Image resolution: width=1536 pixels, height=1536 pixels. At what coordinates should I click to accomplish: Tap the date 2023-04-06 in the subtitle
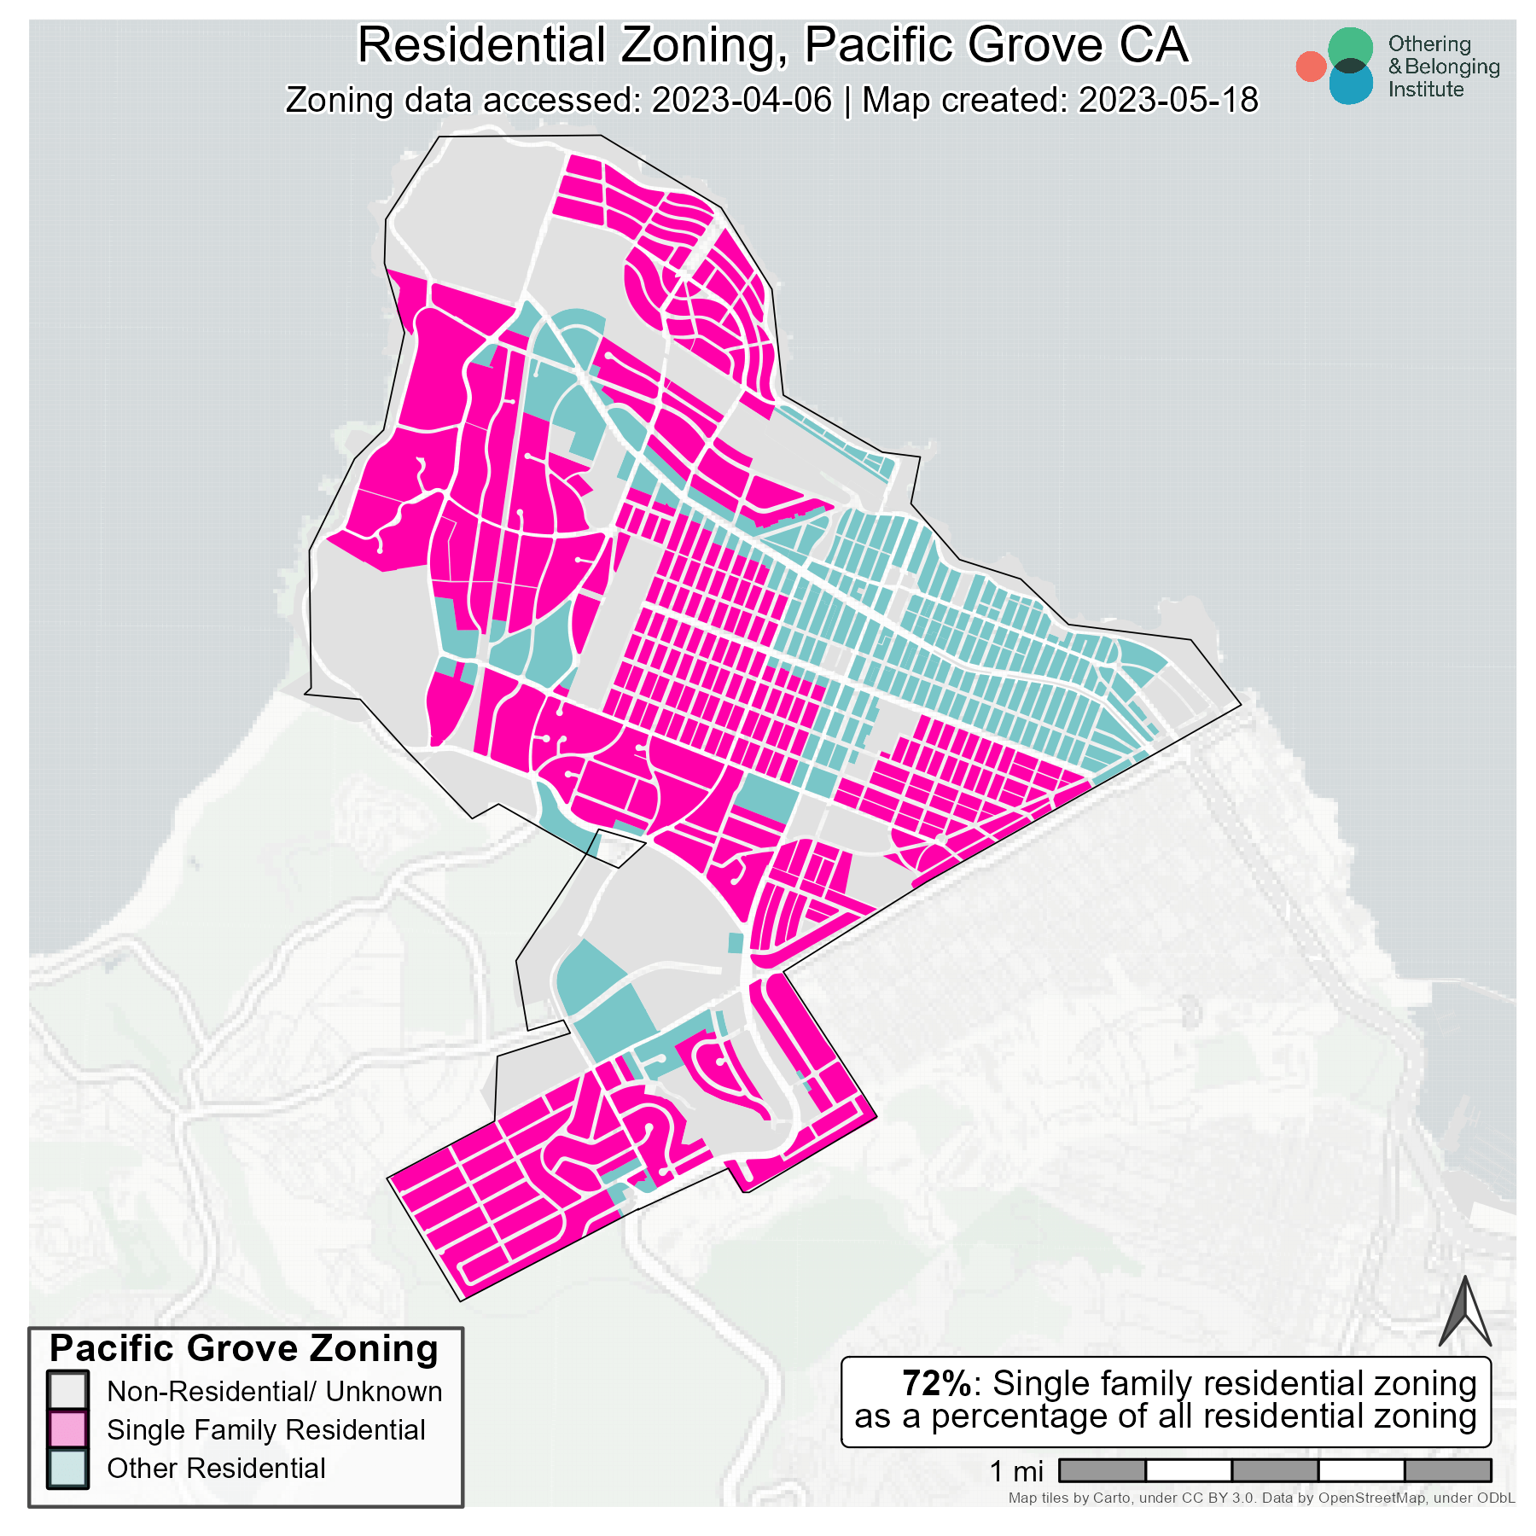pos(742,101)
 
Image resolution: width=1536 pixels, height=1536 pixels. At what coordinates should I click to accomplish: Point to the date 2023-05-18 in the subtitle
pos(1168,101)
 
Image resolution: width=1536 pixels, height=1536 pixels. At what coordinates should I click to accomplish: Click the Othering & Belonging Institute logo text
pos(1443,67)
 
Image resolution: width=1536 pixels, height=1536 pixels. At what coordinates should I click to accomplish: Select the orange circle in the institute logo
pos(1311,67)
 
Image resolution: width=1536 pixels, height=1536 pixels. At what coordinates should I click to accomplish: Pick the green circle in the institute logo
pos(1351,47)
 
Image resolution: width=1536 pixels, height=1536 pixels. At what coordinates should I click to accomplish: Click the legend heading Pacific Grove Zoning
pos(244,1349)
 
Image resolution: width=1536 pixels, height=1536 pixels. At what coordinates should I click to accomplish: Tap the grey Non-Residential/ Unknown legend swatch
pos(67,1391)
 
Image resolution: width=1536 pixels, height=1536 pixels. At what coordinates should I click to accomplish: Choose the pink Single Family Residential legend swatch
pos(67,1429)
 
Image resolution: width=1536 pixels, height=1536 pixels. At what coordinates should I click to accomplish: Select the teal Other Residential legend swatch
pos(67,1468)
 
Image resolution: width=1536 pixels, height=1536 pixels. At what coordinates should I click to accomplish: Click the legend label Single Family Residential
pos(265,1430)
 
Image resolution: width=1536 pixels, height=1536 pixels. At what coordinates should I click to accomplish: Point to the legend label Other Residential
pos(216,1469)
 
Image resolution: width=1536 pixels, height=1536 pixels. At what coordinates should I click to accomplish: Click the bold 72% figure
pos(936,1383)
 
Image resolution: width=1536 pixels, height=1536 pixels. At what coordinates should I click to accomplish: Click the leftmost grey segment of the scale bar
pos(1102,1470)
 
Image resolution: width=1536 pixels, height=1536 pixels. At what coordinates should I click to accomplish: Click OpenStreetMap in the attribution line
pos(1371,1498)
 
